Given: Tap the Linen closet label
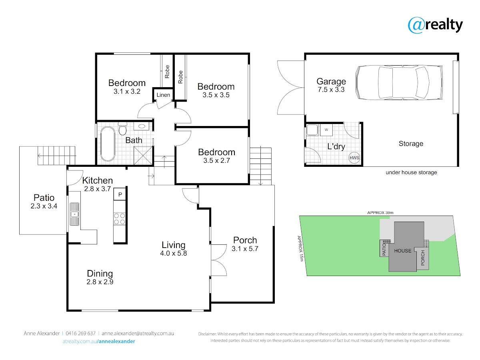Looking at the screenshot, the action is pyautogui.click(x=163, y=95).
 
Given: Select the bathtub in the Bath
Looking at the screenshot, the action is pyautogui.click(x=108, y=144).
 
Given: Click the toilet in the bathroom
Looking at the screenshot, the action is pyautogui.click(x=122, y=128).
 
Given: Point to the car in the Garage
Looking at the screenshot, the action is pyautogui.click(x=399, y=82).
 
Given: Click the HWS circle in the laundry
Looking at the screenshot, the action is pyautogui.click(x=354, y=158).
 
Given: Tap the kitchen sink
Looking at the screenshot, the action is pyautogui.click(x=74, y=214).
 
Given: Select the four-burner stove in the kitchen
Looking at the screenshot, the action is pyautogui.click(x=120, y=219).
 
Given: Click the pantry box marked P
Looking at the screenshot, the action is pyautogui.click(x=120, y=194).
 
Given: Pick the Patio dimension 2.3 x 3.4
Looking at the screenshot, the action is pyautogui.click(x=44, y=206).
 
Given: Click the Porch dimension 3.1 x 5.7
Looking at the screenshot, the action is pyautogui.click(x=245, y=248).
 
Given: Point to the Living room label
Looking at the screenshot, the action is pyautogui.click(x=174, y=245).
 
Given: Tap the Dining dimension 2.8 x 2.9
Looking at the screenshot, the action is pyautogui.click(x=100, y=282).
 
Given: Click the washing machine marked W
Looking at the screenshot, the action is pyautogui.click(x=326, y=130).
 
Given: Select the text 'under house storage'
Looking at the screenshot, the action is pyautogui.click(x=411, y=172).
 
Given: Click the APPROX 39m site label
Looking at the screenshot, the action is pyautogui.click(x=380, y=212).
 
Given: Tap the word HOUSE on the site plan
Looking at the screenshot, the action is pyautogui.click(x=402, y=251).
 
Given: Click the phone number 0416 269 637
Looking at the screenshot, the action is pyautogui.click(x=80, y=333).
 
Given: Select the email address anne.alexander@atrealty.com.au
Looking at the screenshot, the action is pyautogui.click(x=138, y=333).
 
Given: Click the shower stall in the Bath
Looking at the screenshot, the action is pyautogui.click(x=143, y=156).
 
